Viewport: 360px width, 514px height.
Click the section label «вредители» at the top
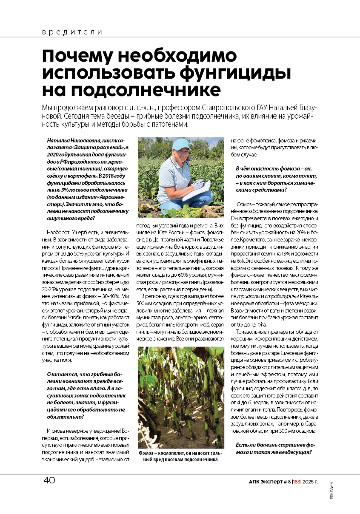72,32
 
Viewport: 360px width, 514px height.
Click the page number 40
49,480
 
